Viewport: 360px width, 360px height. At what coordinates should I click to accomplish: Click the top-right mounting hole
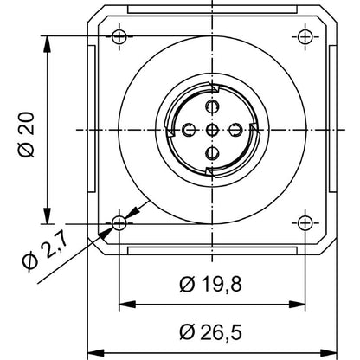tap(304, 36)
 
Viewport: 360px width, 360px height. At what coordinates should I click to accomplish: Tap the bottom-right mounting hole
tap(304, 222)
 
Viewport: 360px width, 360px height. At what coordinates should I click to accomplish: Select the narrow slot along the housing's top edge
tap(211, 10)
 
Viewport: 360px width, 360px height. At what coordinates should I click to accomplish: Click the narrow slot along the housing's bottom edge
tap(211, 250)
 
